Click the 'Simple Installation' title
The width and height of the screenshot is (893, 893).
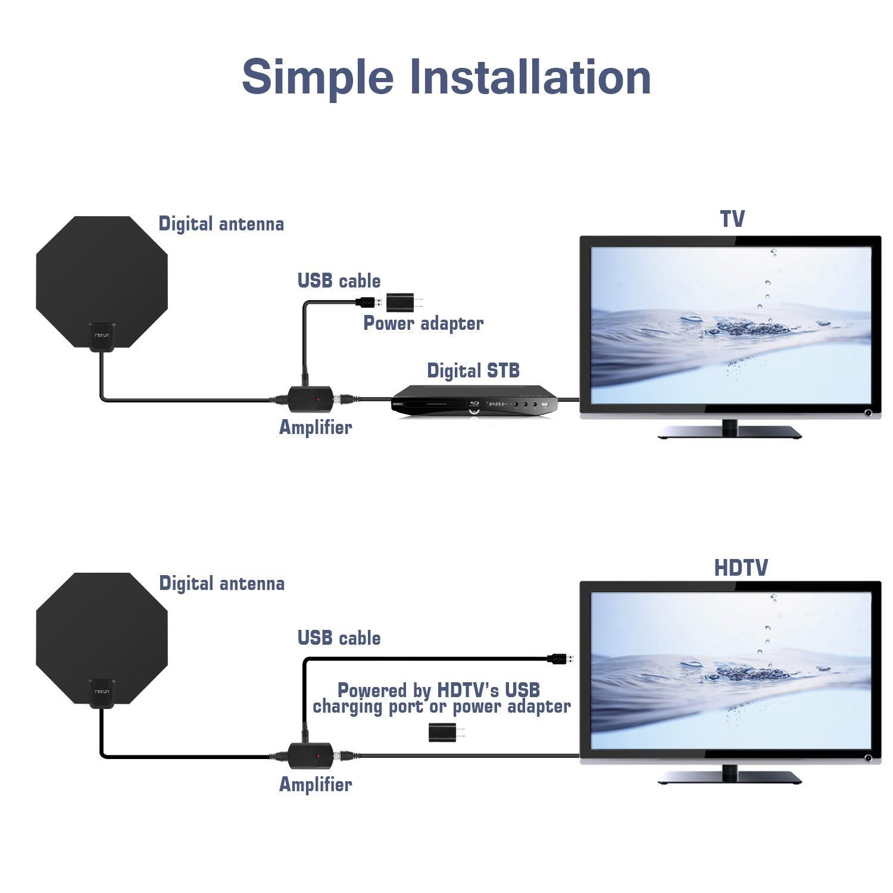click(446, 77)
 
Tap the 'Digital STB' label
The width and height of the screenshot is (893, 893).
click(473, 371)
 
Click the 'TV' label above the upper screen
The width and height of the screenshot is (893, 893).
click(732, 219)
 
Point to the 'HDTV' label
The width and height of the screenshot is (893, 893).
click(741, 568)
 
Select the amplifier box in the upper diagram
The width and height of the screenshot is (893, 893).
click(310, 399)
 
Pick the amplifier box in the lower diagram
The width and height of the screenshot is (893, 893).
click(310, 755)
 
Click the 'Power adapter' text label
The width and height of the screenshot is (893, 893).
click(423, 323)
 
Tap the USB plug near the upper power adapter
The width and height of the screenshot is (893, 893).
click(368, 302)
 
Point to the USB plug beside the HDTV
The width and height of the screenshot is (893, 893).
click(560, 658)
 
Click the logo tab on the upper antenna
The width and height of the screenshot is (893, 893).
click(102, 336)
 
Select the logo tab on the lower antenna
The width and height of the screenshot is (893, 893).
click(102, 693)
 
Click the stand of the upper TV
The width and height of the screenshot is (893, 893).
click(729, 430)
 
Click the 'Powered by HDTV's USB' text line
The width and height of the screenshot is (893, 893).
click(439, 690)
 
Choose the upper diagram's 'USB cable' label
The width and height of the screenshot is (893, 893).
click(339, 281)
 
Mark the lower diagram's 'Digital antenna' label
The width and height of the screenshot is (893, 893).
click(221, 583)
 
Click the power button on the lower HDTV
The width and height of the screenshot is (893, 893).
click(868, 758)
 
